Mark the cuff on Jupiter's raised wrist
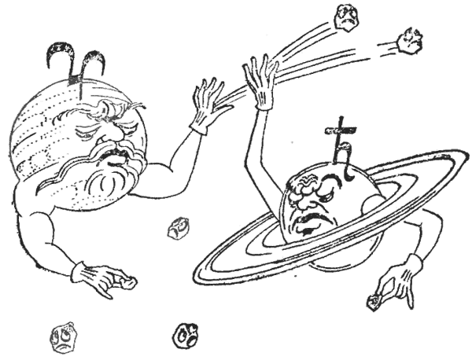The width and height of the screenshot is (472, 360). pyautogui.click(x=198, y=126)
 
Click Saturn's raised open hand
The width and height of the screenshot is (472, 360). pyautogui.click(x=260, y=79)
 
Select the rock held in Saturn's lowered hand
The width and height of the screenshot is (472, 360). pyautogui.click(x=374, y=301)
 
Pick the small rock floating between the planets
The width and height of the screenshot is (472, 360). pyautogui.click(x=179, y=228)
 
